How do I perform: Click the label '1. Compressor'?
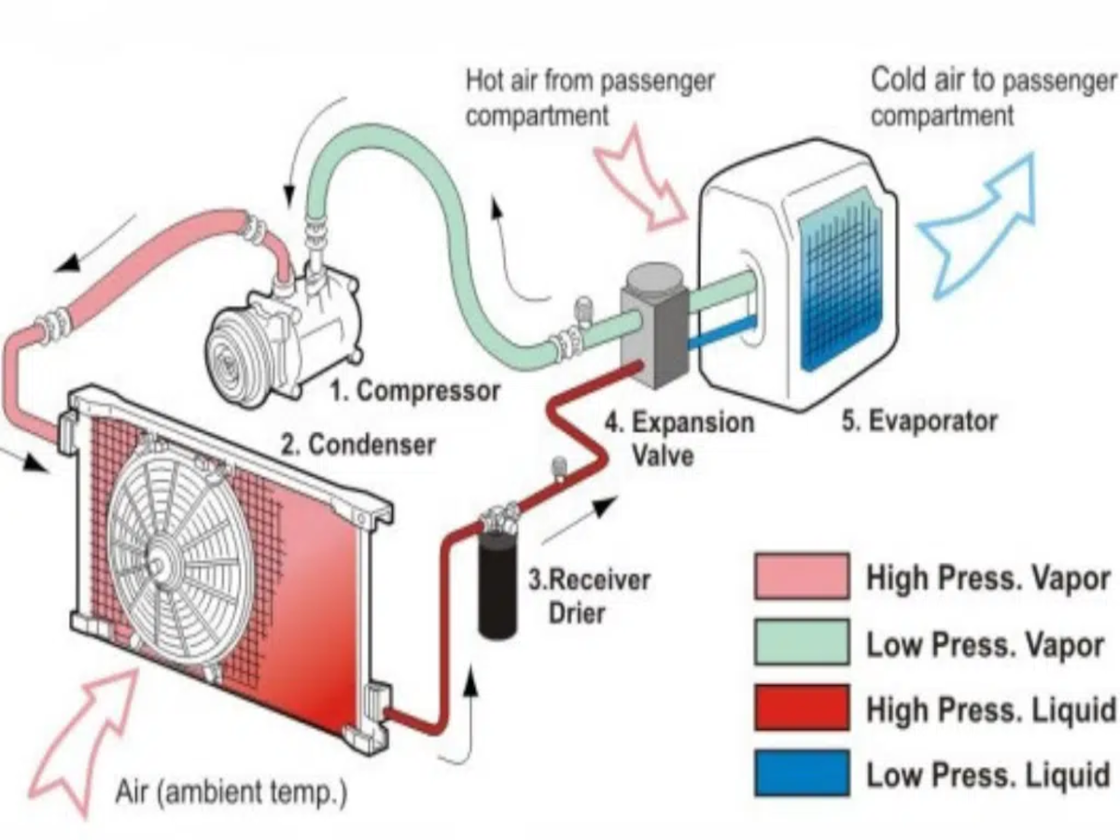(x=415, y=390)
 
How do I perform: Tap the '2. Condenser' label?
(x=358, y=444)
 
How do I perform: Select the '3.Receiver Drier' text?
(x=588, y=595)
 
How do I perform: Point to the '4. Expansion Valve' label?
(x=679, y=438)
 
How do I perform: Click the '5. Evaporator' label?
(x=919, y=421)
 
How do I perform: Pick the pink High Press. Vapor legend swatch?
(x=802, y=577)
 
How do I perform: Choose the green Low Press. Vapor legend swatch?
(x=802, y=642)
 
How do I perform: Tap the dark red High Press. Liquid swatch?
(x=802, y=707)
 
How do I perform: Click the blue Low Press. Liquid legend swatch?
(x=802, y=773)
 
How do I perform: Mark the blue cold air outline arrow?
(x=980, y=224)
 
